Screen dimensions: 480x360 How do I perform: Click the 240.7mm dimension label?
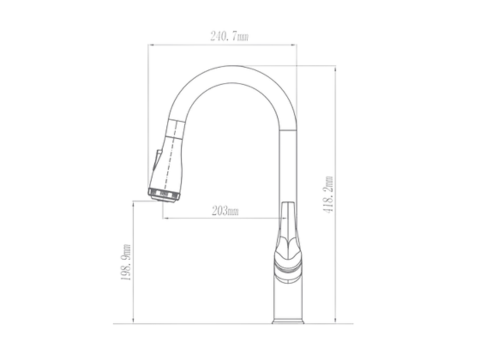(229, 36)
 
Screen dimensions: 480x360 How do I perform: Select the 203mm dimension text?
(225, 211)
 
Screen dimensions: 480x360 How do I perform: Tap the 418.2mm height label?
(328, 194)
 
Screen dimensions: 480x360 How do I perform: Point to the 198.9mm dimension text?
(126, 262)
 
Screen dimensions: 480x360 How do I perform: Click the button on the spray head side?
(156, 162)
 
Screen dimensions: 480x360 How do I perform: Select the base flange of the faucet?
(288, 321)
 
